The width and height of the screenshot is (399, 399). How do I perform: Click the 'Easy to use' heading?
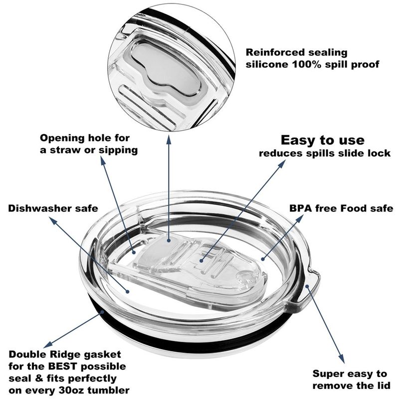pyautogui.click(x=322, y=140)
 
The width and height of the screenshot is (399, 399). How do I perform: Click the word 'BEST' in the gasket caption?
pyautogui.click(x=62, y=366)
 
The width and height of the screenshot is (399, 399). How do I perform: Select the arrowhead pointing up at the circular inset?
pyautogui.click(x=169, y=139)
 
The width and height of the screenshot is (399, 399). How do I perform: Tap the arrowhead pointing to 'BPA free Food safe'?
pyautogui.click(x=300, y=218)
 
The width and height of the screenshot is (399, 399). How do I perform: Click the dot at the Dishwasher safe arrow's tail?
pyautogui.click(x=128, y=292)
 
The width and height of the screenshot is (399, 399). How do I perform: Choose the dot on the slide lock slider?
pyautogui.click(x=201, y=260)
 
